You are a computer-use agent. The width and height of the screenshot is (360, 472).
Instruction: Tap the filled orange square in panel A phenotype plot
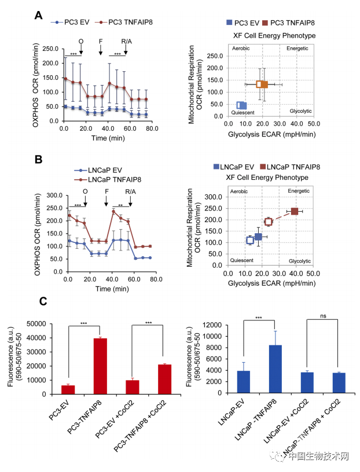[x=262, y=84]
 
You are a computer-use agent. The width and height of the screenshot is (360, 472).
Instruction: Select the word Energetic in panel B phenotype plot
[x=299, y=190]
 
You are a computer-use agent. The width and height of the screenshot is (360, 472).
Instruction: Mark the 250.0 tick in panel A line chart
[x=52, y=49]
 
